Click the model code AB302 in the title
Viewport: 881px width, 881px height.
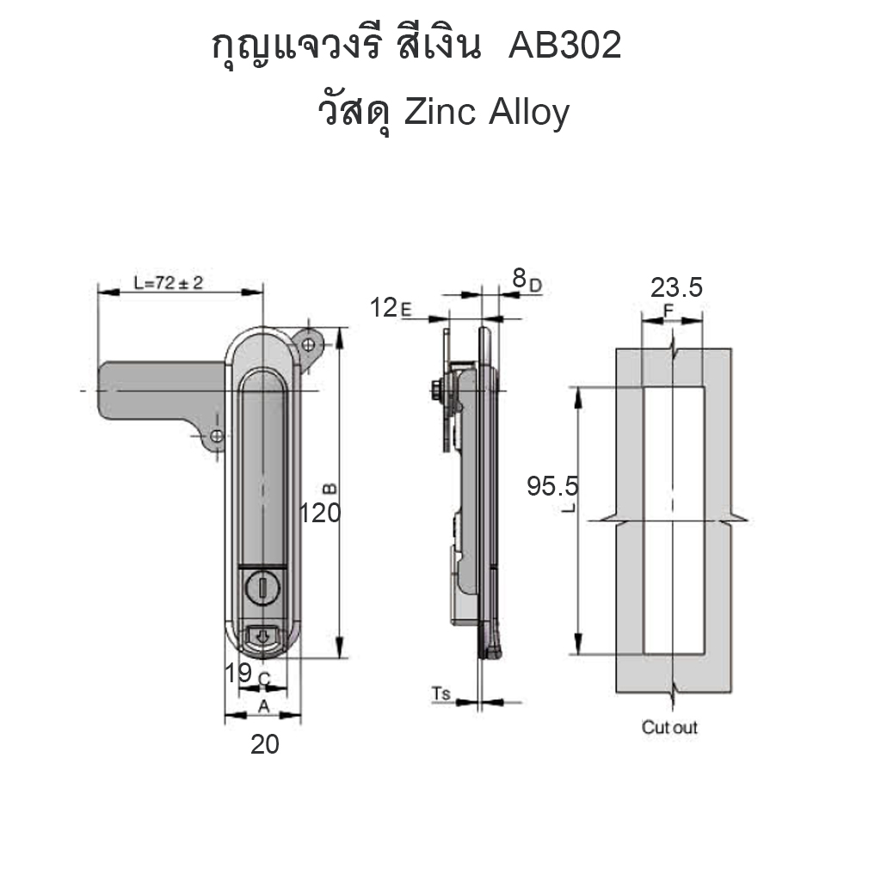tap(564, 45)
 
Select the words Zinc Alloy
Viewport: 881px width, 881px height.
tap(487, 112)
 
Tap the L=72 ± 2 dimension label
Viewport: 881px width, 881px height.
tap(168, 282)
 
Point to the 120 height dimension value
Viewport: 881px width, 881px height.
tap(320, 513)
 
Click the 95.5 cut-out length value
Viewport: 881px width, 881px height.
tap(552, 486)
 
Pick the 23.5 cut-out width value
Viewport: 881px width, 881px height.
tap(676, 287)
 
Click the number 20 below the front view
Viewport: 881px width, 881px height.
tap(265, 744)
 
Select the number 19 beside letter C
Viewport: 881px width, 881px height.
tap(237, 673)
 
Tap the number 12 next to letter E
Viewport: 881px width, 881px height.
tap(384, 308)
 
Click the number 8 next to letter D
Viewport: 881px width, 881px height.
tap(519, 278)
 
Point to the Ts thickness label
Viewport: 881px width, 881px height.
tap(441, 694)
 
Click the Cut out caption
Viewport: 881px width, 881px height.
tap(669, 727)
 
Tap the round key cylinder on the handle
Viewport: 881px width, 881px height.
tap(262, 588)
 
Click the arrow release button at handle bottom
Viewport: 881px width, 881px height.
tap(262, 637)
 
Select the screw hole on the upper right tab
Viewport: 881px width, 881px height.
tap(308, 344)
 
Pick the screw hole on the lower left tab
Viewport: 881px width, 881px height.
tap(216, 436)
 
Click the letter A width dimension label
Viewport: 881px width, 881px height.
tap(263, 707)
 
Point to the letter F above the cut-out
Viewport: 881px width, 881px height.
tap(668, 311)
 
